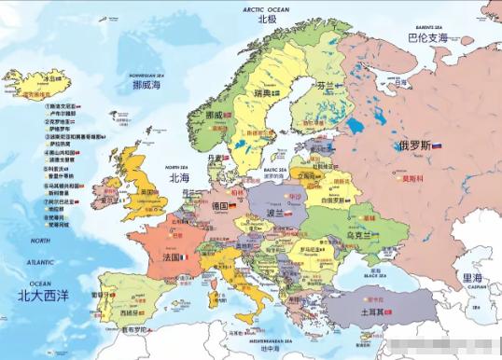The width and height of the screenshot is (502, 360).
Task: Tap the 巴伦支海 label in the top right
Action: pyautogui.click(x=428, y=38)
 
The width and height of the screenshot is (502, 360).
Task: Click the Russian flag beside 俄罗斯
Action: pyautogui.click(x=437, y=145)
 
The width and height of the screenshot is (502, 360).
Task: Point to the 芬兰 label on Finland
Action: pyautogui.click(x=324, y=85)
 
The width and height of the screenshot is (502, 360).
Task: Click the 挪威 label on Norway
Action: pyautogui.click(x=214, y=115)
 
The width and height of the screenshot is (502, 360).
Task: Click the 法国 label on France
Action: pyautogui.click(x=172, y=256)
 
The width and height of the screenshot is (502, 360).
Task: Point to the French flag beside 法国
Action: pyautogui.click(x=185, y=256)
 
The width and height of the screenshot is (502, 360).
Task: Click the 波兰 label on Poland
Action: pyautogui.click(x=275, y=213)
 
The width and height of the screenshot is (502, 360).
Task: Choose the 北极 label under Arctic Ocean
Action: pyautogui.click(x=267, y=19)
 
